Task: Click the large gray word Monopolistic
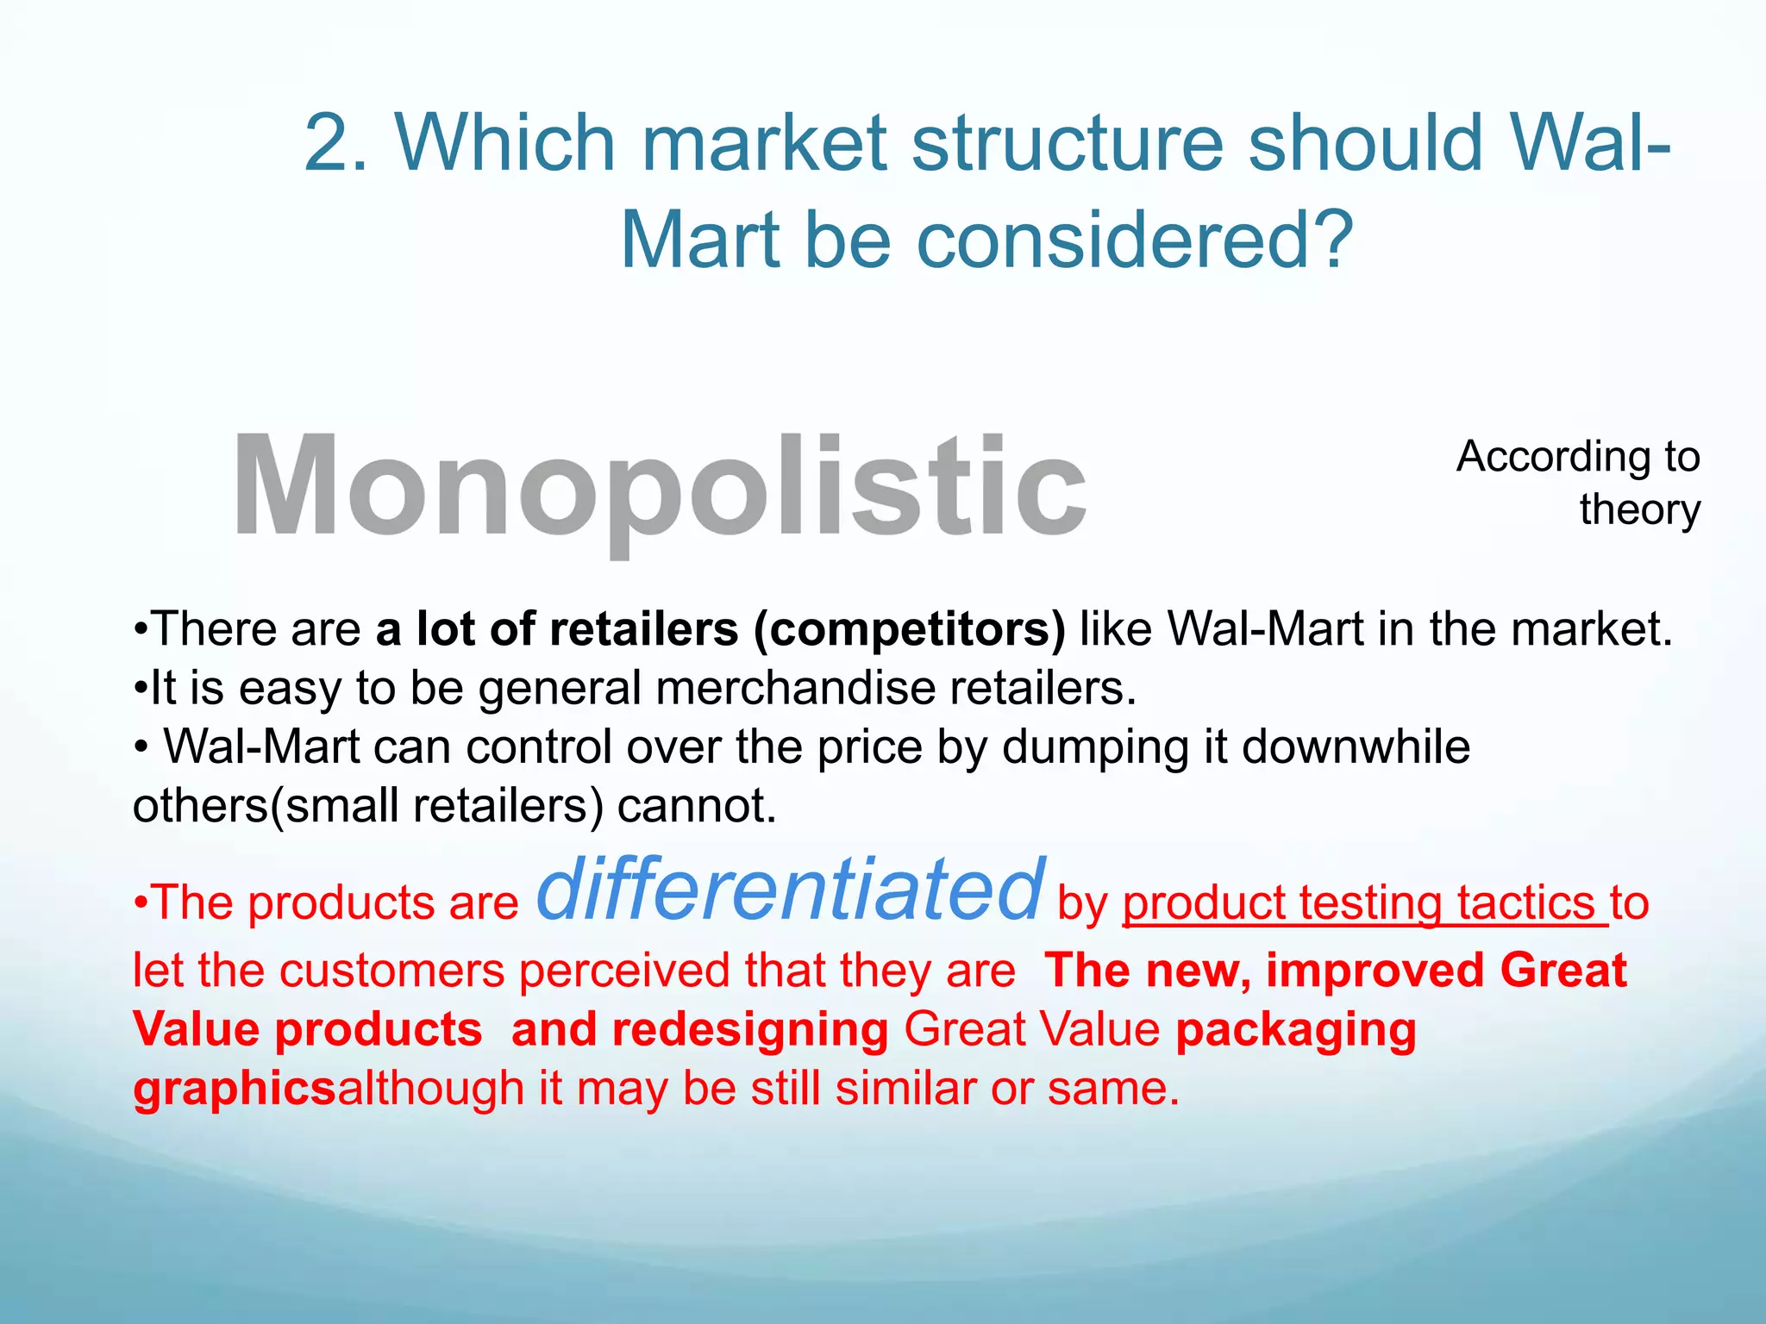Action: coord(660,488)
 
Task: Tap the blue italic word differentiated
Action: coord(791,890)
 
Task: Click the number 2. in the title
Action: coord(337,143)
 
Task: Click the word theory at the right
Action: coord(1639,509)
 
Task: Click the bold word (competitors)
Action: coord(909,628)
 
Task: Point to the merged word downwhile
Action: coord(1356,746)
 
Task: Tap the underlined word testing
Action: coord(1370,903)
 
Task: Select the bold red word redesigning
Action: coord(749,1029)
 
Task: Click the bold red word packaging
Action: coord(1295,1031)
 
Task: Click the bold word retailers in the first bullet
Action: coord(643,628)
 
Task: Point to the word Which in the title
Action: coord(505,143)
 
